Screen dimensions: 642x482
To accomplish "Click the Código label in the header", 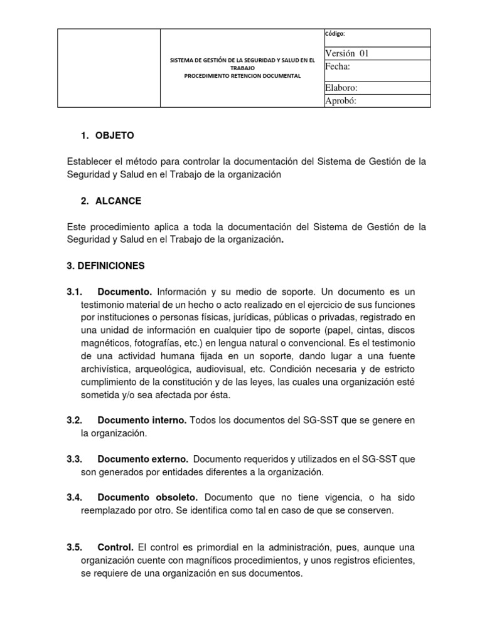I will pyautogui.click(x=335, y=34).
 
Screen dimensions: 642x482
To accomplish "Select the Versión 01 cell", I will pyautogui.click(x=347, y=53).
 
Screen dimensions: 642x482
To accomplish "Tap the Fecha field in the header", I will pyautogui.click(x=338, y=66).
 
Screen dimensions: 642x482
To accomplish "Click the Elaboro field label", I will pyautogui.click(x=341, y=88).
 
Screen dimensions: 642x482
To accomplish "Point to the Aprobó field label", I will pyautogui.click(x=341, y=101).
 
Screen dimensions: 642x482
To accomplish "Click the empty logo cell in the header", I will pyautogui.click(x=109, y=68).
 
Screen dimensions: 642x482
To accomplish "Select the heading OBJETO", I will pyautogui.click(x=114, y=135).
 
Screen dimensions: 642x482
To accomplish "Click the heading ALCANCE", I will pyautogui.click(x=118, y=201).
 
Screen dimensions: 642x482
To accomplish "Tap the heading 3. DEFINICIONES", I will pyautogui.click(x=105, y=266).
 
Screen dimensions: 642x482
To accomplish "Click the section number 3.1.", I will pyautogui.click(x=75, y=292).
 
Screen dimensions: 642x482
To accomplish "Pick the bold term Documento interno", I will pyautogui.click(x=142, y=420).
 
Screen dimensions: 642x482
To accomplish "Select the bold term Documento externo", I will pyautogui.click(x=143, y=459).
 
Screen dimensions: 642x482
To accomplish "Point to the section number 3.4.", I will pyautogui.click(x=75, y=497).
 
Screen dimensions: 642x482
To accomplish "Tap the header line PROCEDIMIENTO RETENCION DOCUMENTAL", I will pyautogui.click(x=242, y=76).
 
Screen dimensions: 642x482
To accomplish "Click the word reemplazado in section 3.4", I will pyautogui.click(x=109, y=510).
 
